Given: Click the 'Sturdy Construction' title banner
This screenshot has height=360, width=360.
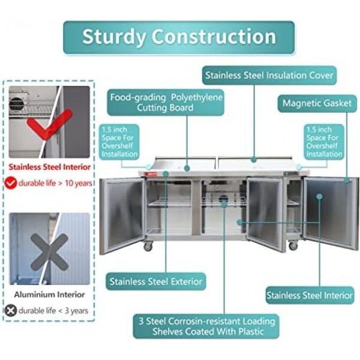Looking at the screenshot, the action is [179, 37].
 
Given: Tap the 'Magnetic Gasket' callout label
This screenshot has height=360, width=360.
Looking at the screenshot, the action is [317, 103].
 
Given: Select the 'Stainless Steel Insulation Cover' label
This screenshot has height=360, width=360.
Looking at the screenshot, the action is [269, 76].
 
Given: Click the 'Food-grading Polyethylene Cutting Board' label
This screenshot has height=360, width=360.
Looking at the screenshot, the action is [166, 103].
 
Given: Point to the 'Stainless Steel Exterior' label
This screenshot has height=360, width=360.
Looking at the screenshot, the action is [155, 281].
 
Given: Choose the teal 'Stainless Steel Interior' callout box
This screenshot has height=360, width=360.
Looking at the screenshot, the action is [310, 295].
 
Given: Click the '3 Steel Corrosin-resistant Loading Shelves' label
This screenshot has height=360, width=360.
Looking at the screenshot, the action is [206, 326].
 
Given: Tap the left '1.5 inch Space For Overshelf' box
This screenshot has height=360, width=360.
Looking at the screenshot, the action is [119, 142].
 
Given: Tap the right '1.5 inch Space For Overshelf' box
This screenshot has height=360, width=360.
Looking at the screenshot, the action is [324, 142].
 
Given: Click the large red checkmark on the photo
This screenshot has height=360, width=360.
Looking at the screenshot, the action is [49, 124].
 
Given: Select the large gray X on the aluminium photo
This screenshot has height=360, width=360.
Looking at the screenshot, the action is [49, 252].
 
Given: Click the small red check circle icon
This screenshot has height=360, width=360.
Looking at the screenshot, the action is [11, 183].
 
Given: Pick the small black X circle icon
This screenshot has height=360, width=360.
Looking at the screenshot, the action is [11, 310].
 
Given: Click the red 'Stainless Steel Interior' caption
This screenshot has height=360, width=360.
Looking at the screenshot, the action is [50, 167].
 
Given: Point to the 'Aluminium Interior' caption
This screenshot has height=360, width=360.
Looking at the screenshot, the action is [49, 295].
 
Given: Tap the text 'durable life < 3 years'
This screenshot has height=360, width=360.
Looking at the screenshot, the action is [53, 311].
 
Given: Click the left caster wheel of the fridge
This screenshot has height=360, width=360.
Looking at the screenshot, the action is [148, 247].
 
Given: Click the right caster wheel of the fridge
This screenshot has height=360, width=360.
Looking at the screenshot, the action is [293, 245].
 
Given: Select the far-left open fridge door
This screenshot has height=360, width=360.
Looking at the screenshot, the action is [122, 216].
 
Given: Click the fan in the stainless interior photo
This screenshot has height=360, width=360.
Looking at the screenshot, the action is [17, 103].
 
